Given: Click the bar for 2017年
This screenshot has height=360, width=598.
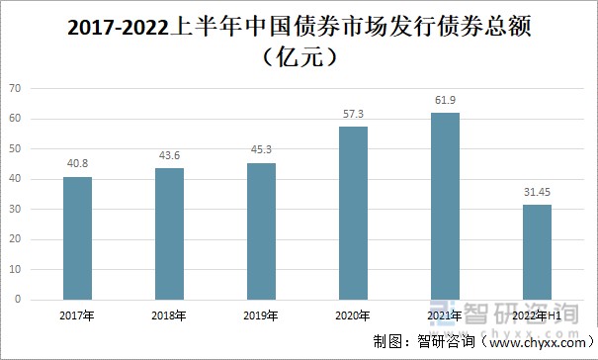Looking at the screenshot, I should click(77, 238).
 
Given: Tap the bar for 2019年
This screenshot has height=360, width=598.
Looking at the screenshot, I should click(261, 231).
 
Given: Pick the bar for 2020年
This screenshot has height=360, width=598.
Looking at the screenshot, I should click(353, 213).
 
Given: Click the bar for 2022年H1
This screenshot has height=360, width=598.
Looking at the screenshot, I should click(537, 252).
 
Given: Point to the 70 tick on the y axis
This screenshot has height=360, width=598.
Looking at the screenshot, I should click(15, 89).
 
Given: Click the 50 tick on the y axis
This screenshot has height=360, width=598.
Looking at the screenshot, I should click(15, 149).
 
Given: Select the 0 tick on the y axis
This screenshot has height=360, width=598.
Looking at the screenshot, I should click(18, 300).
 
